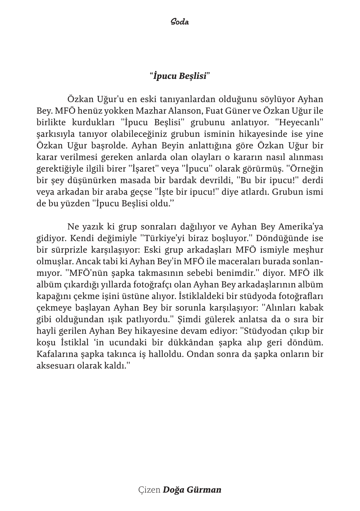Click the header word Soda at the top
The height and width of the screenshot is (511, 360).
point(180,22)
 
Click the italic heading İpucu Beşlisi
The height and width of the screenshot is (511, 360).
point(180,76)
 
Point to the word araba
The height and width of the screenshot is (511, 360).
point(119,192)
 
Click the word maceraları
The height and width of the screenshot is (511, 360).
point(225,262)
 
